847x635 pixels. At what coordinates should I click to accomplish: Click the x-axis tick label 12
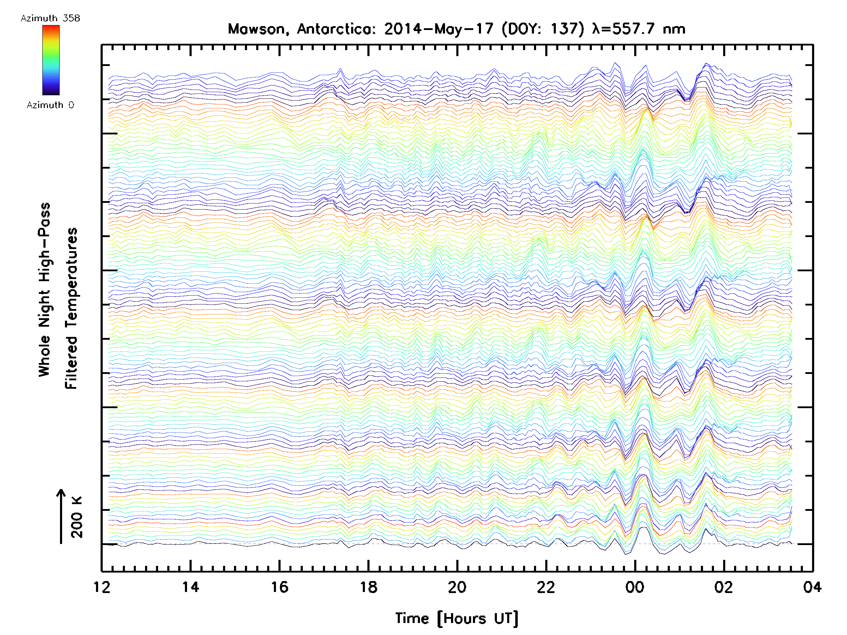coord(102,587)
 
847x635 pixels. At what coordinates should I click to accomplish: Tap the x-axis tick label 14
coord(190,587)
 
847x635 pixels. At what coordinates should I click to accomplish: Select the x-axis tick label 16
coord(280,587)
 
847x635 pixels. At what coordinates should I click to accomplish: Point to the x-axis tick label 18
coord(368,587)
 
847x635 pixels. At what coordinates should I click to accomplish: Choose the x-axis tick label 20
coord(457,587)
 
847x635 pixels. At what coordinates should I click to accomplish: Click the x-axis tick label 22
coord(546,587)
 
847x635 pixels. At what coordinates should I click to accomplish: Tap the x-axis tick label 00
coord(635,587)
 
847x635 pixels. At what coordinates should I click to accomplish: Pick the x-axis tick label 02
coord(724,587)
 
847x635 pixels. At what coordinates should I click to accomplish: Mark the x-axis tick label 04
coord(812,587)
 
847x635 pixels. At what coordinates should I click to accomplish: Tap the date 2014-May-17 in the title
coord(439,29)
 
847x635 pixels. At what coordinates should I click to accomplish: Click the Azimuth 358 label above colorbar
coord(50,18)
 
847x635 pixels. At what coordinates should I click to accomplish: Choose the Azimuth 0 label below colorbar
coord(50,105)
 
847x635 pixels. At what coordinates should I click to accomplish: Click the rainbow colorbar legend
coord(51,60)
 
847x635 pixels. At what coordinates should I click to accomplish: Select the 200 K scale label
coord(77,517)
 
